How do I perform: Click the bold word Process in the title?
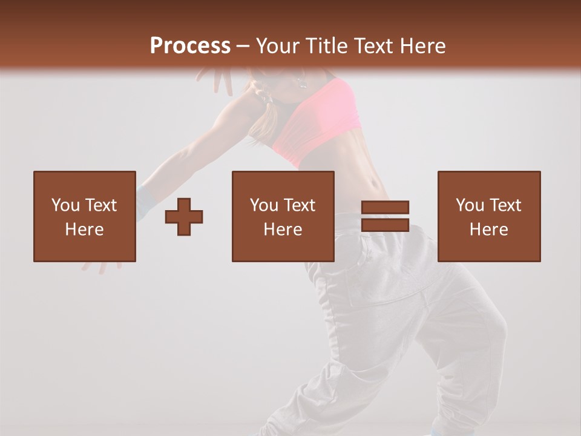pos(190,45)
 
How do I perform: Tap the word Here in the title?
pos(423,45)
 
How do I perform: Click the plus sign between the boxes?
pos(184,216)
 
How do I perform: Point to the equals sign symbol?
pos(385,216)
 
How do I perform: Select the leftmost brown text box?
pos(84,216)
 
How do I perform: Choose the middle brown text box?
pos(283,216)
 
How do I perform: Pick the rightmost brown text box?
pos(488,216)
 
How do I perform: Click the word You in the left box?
pos(65,205)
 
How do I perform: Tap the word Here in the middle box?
pos(283,230)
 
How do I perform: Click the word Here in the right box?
pos(488,230)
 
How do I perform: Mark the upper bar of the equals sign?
pos(385,208)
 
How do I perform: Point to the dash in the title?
pos(243,46)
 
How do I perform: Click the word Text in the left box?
pos(100,205)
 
